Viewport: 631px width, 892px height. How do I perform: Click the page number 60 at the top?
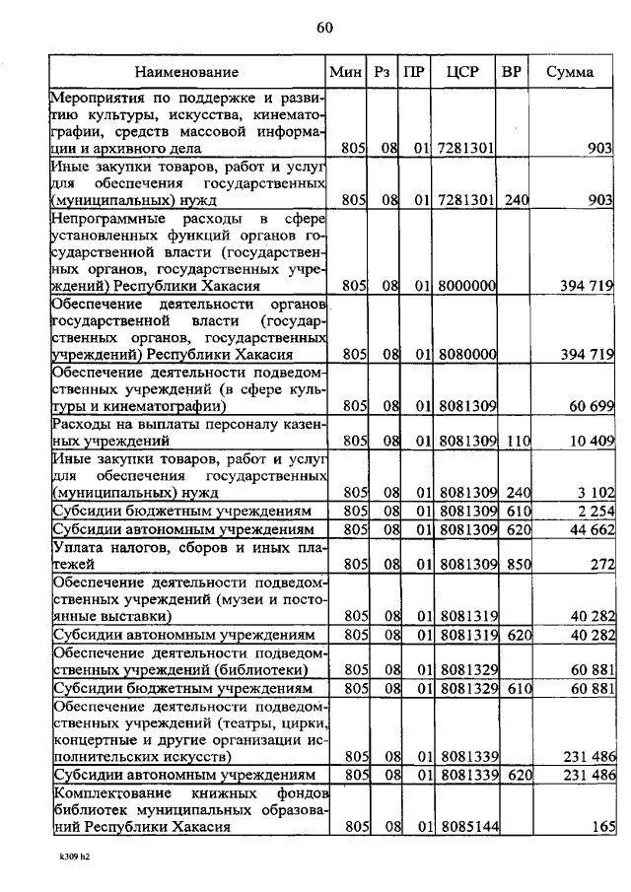324,28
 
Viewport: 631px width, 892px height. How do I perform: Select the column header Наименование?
187,72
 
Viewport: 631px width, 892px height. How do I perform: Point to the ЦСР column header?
462,72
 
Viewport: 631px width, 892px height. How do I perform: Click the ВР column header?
512,72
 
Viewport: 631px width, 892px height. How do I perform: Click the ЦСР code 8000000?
466,286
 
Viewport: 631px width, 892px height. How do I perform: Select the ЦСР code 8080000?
466,354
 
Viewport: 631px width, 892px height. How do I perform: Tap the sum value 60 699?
590,405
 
